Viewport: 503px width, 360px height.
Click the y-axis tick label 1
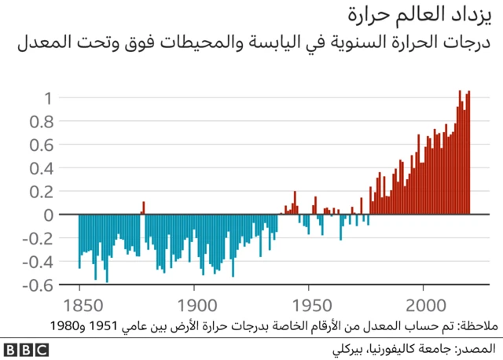pos(49,98)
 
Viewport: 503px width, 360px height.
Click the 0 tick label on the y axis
pos(49,215)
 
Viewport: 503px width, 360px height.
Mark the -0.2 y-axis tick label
pos(39,238)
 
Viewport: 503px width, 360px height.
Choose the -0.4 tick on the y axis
pos(39,262)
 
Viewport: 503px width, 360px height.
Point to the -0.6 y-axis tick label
pos(39,285)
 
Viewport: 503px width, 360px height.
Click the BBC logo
pos(28,348)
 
